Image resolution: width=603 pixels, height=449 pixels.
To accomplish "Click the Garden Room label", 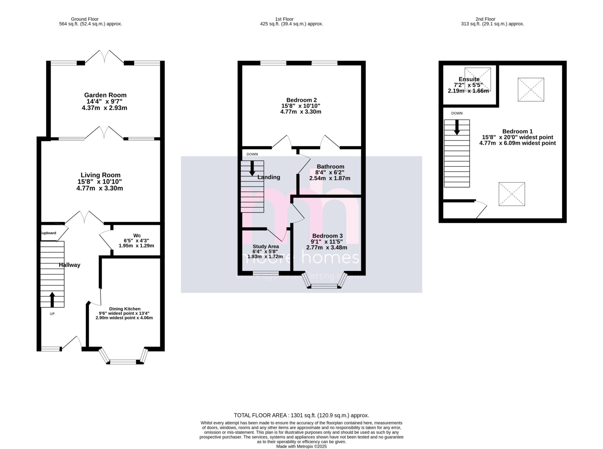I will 105,95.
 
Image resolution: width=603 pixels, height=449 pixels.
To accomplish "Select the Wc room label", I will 137,236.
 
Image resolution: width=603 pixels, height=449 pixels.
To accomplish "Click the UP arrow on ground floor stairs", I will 52,300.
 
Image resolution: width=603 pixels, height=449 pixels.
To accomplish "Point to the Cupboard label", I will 48,233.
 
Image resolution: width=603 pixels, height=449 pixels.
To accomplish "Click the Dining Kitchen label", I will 125,309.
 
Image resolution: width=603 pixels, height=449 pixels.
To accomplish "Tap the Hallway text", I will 69,265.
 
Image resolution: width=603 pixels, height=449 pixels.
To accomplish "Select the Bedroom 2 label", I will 301,100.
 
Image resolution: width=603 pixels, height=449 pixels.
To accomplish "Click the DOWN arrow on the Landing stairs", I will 252,169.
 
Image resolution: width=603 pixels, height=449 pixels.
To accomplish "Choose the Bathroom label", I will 330,167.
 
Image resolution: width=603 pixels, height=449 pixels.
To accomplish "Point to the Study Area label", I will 266,246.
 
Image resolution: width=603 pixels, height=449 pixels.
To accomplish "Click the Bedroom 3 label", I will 327,236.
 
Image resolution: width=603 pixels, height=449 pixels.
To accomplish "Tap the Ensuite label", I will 469,79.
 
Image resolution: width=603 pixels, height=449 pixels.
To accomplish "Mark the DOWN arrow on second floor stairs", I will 457,127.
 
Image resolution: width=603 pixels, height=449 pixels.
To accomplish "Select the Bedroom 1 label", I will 517,131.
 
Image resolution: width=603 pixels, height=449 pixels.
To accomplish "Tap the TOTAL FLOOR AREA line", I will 301,415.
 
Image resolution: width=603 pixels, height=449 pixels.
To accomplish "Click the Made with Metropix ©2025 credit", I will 301,446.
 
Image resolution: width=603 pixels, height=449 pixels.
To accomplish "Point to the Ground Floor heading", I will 85,19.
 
